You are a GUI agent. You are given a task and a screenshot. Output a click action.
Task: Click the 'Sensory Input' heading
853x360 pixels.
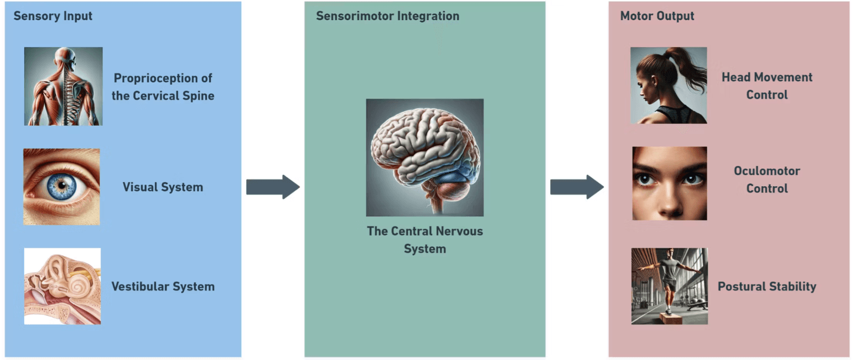[x=53, y=16]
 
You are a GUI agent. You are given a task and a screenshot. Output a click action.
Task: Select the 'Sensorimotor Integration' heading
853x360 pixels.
[x=388, y=16]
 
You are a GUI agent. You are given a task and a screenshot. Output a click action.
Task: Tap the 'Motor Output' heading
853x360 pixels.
[x=657, y=16]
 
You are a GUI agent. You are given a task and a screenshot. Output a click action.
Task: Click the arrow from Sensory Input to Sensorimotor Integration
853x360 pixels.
[x=273, y=187]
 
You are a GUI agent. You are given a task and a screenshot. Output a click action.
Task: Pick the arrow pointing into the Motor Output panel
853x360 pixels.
[x=577, y=187]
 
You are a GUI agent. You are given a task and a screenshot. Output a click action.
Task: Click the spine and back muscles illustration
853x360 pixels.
[x=63, y=86]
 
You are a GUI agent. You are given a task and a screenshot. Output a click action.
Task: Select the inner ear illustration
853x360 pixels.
[x=62, y=286]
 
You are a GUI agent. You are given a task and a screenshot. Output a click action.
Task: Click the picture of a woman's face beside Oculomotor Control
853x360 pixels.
[x=669, y=183]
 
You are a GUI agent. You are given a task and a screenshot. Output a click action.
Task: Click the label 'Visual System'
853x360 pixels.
[x=163, y=187]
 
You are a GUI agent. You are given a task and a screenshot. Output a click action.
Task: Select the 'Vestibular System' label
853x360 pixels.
[x=163, y=287]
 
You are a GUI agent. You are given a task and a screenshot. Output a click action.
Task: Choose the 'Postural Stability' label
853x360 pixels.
[x=767, y=287]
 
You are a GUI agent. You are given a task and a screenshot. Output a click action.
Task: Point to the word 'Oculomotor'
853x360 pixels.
[x=767, y=170]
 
